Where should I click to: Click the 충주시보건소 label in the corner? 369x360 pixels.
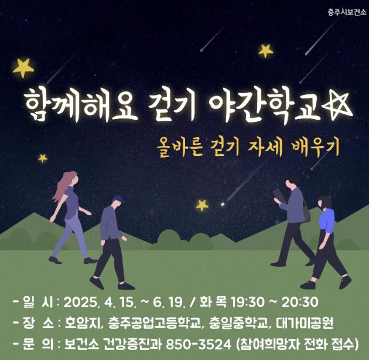click(x=347, y=12)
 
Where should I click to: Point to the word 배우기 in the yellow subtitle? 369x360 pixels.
click(x=315, y=148)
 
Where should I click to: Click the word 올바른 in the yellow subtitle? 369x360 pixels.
click(x=180, y=148)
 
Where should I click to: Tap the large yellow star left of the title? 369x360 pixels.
click(x=23, y=67)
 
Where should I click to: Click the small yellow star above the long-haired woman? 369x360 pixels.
click(x=43, y=158)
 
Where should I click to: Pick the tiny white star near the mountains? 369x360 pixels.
click(x=223, y=204)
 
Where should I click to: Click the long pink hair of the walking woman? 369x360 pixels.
click(x=61, y=186)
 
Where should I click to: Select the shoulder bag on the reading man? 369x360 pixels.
click(x=306, y=212)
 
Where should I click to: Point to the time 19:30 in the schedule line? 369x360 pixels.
click(x=248, y=303)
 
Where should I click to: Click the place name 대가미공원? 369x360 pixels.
click(x=305, y=324)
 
